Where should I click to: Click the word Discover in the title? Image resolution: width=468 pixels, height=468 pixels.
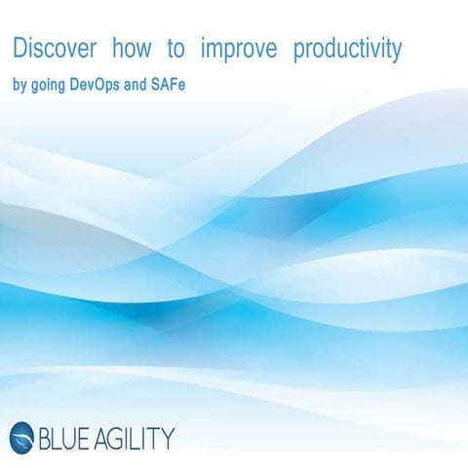point(55,49)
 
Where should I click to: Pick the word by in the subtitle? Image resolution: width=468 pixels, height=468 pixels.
point(19,85)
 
